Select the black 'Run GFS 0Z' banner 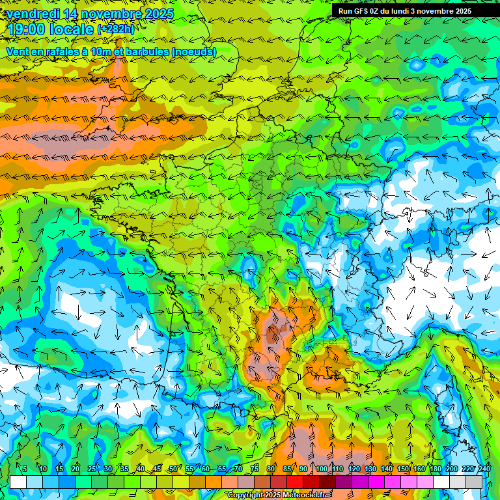[410, 11]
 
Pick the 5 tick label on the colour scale [24, 469]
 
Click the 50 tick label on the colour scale [173, 469]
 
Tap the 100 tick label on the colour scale [321, 469]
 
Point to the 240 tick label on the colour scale [484, 469]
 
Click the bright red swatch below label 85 [295, 482]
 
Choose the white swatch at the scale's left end [18, 482]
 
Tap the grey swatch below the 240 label [475, 482]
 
